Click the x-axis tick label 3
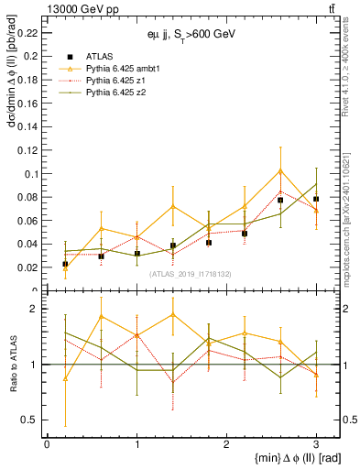pyautogui.click(x=316, y=444)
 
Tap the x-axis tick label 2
pyautogui.click(x=226, y=444)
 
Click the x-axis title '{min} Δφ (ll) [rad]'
pyautogui.click(x=283, y=458)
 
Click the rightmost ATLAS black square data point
pyautogui.click(x=316, y=199)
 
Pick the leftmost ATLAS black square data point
pyautogui.click(x=65, y=264)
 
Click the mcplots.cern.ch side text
pyautogui.click(x=349, y=211)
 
